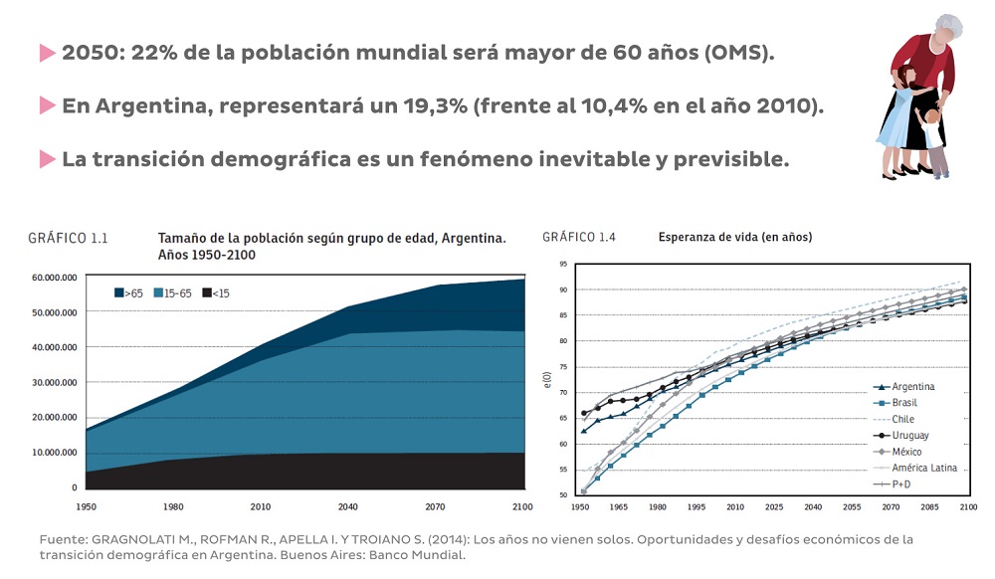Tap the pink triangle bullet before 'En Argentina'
pyautogui.click(x=47, y=105)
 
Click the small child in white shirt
pyautogui.click(x=933, y=139)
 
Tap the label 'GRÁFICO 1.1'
pyautogui.click(x=68, y=239)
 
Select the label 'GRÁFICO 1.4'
pyautogui.click(x=579, y=237)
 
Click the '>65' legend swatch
pyautogui.click(x=118, y=293)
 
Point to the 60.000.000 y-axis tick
pyautogui.click(x=55, y=278)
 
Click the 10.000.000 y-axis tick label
pyautogui.click(x=55, y=453)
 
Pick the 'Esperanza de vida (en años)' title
pyautogui.click(x=734, y=238)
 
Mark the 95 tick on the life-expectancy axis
pyautogui.click(x=563, y=265)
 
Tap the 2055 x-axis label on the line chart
pyautogui.click(x=851, y=507)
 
